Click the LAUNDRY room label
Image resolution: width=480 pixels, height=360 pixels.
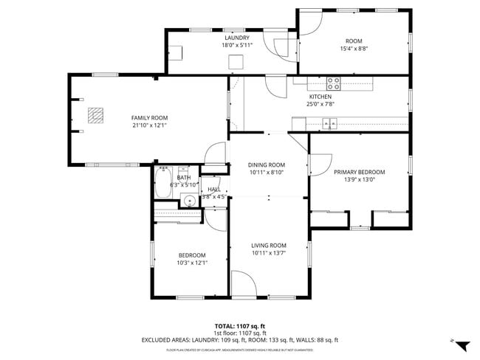pyautogui.click(x=236, y=38)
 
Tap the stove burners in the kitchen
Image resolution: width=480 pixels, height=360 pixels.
pyautogui.click(x=334, y=83)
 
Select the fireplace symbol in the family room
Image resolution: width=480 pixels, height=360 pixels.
pyautogui.click(x=94, y=115)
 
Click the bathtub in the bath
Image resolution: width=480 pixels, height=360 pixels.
pyautogui.click(x=163, y=183)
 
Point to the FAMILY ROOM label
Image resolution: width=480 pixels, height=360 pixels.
pyautogui.click(x=149, y=118)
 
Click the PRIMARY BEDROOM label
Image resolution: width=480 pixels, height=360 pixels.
pyautogui.click(x=359, y=172)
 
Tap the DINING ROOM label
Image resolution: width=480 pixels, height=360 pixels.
pyautogui.click(x=267, y=165)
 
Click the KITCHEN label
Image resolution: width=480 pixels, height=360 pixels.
pyautogui.click(x=320, y=97)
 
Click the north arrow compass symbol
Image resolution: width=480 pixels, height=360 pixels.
pyautogui.click(x=461, y=345)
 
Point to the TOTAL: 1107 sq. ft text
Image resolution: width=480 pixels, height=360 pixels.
pyautogui.click(x=239, y=325)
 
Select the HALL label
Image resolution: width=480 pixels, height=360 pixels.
pyautogui.click(x=214, y=189)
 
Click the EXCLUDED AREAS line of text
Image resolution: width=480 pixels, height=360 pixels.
pyautogui.click(x=239, y=340)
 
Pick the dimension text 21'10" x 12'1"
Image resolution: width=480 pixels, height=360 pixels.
pyautogui.click(x=149, y=125)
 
